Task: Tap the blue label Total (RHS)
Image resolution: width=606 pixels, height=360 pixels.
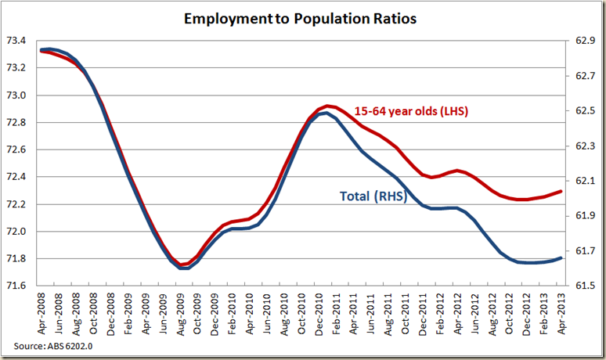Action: [373, 197]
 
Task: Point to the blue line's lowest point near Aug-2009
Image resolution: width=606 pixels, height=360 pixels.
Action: [183, 268]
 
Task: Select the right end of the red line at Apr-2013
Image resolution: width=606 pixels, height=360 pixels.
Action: [561, 191]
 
